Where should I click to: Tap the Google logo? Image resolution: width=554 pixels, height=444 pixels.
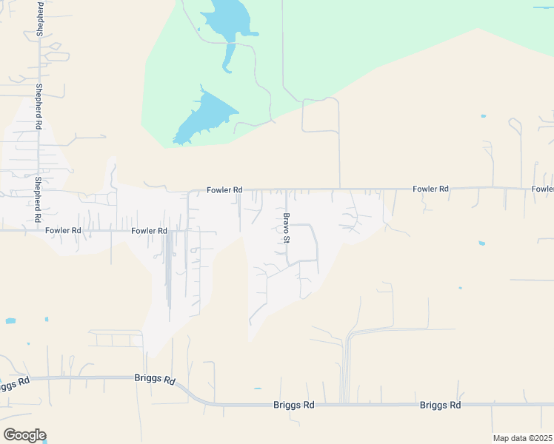pyautogui.click(x=24, y=435)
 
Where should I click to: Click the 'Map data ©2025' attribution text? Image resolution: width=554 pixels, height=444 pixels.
pyautogui.click(x=522, y=438)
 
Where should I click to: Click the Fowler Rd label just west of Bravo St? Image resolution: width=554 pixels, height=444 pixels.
pyautogui.click(x=224, y=190)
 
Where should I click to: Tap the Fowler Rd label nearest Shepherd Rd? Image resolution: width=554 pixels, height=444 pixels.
pyautogui.click(x=62, y=231)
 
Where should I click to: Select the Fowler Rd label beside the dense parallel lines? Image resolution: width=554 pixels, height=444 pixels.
pyautogui.click(x=149, y=231)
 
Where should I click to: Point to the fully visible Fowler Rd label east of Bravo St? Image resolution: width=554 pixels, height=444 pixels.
pyautogui.click(x=431, y=189)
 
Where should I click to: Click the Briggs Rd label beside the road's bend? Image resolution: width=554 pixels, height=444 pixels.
pyautogui.click(x=155, y=380)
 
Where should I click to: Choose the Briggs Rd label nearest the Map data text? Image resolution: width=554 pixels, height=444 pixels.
pyautogui.click(x=440, y=406)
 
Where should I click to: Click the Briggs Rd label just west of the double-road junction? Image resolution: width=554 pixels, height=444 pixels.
pyautogui.click(x=295, y=406)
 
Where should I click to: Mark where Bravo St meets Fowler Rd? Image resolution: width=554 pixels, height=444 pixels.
pyautogui.click(x=287, y=189)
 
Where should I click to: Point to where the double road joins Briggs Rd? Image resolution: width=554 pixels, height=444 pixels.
pyautogui.click(x=344, y=404)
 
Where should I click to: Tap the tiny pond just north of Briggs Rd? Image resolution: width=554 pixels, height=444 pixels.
pyautogui.click(x=257, y=388)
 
